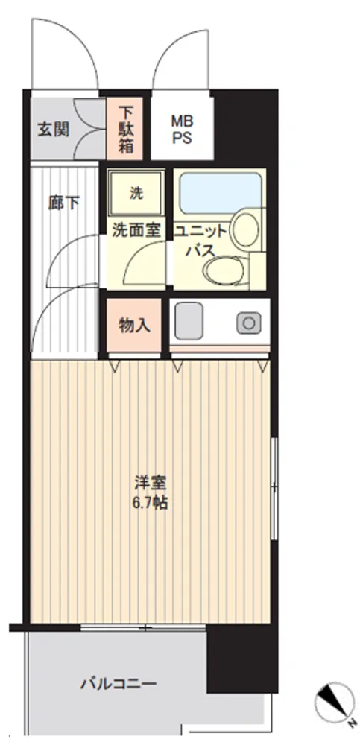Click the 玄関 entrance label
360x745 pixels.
(x=53, y=129)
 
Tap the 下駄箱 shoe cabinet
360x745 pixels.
(x=126, y=129)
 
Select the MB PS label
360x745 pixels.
(x=182, y=129)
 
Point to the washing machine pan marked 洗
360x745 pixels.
(x=136, y=194)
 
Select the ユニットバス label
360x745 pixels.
(x=202, y=241)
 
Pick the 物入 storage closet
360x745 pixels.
(x=133, y=326)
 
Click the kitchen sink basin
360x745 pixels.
(x=189, y=320)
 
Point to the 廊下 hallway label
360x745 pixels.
(x=64, y=203)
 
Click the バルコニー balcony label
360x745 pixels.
(x=118, y=684)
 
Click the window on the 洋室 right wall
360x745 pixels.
(x=274, y=489)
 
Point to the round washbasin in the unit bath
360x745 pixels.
(x=246, y=229)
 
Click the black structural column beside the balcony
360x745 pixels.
(x=242, y=659)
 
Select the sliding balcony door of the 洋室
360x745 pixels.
(x=143, y=627)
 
